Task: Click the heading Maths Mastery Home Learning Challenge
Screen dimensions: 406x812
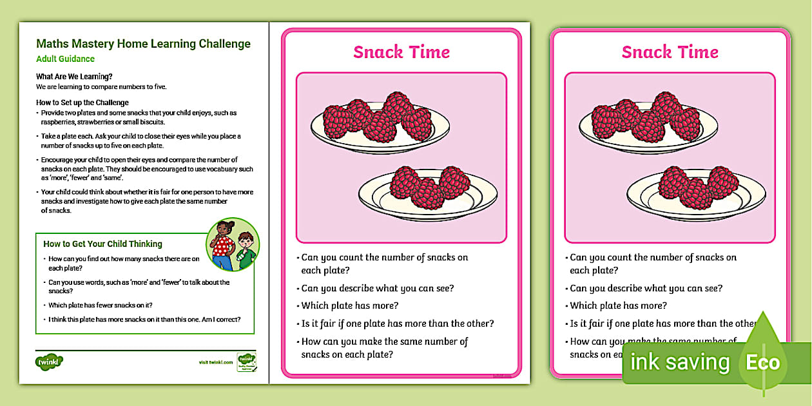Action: [143, 44]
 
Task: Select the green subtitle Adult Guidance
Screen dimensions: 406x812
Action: [65, 59]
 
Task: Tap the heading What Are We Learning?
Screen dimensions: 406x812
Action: [74, 77]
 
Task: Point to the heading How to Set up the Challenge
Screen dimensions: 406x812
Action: [82, 102]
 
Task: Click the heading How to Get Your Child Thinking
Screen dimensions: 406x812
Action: [102, 244]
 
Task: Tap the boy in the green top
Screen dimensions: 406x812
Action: [246, 251]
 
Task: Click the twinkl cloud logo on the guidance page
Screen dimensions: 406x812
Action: [49, 362]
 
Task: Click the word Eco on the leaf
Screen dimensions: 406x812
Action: [763, 362]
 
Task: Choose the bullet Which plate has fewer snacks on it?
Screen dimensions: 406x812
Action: [100, 305]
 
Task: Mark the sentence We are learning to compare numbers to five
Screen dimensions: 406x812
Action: [101, 86]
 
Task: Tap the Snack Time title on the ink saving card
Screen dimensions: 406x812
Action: [670, 52]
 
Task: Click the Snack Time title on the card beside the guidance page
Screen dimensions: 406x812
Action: [401, 52]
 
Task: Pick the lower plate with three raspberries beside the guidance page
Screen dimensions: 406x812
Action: [429, 189]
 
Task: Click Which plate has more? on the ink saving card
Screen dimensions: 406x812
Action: [618, 305]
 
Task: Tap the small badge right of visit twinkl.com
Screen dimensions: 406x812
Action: [246, 361]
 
